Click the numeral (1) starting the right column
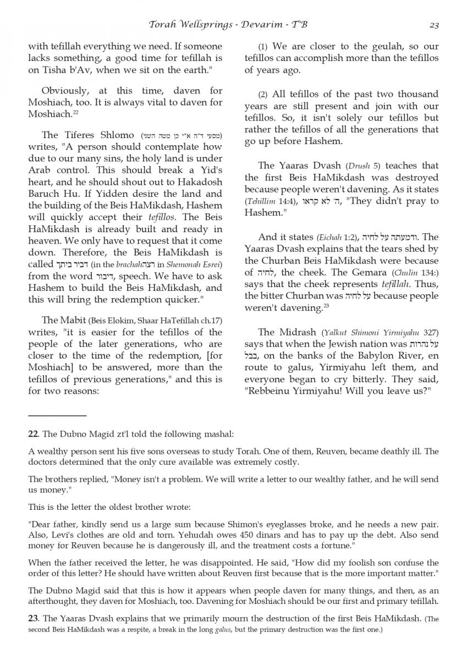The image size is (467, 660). click(263, 47)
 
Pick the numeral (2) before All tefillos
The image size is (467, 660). click(263, 95)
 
